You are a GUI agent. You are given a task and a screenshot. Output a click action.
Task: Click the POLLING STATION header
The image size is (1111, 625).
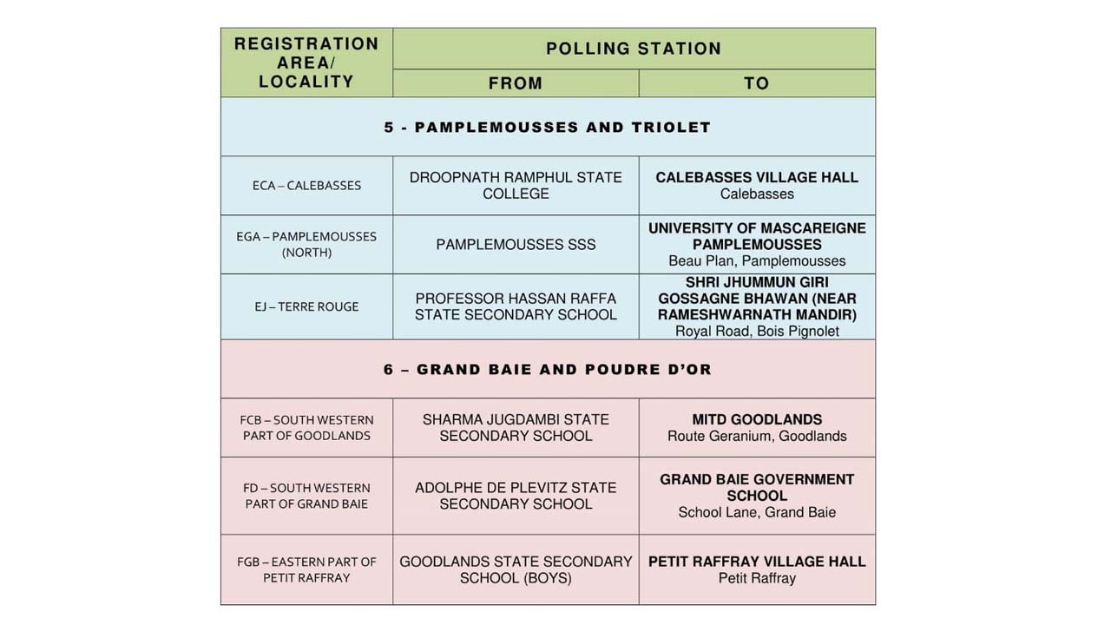[x=634, y=49]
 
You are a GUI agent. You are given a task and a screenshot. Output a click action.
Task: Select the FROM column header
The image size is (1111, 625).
[x=516, y=83]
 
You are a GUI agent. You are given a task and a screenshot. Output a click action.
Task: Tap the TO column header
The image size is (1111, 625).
[x=756, y=83]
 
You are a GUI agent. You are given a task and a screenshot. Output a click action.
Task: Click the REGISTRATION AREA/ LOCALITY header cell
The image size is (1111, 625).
[x=306, y=62]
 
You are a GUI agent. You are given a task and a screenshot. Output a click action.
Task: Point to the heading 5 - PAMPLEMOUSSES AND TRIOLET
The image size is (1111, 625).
[x=547, y=127]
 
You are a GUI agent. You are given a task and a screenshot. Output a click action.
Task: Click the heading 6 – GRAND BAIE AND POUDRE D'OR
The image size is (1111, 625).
[x=547, y=369]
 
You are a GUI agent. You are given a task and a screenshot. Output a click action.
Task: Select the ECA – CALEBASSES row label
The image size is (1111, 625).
[x=306, y=185]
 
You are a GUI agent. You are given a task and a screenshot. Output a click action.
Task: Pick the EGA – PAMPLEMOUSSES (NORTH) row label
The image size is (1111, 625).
[x=306, y=244]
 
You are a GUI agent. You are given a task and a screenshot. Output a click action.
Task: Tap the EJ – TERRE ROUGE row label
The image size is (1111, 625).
[x=306, y=306]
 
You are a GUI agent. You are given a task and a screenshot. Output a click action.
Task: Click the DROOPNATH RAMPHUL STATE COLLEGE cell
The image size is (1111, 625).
[x=516, y=185]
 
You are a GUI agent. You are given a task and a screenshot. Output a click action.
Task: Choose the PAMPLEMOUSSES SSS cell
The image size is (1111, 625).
[x=516, y=245]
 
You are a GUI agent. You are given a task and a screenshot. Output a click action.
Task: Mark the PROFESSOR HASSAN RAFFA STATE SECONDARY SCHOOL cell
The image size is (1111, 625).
[x=516, y=306]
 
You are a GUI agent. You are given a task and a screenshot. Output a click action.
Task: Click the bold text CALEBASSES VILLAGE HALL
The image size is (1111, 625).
[x=757, y=177]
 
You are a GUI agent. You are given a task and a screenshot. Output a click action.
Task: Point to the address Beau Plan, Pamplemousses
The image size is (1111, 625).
[x=757, y=260]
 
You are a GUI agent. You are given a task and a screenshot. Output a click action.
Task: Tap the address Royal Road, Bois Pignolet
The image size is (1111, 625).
[x=757, y=331]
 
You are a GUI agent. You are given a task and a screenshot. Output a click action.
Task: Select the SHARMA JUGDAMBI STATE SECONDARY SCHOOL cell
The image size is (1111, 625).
[x=516, y=427]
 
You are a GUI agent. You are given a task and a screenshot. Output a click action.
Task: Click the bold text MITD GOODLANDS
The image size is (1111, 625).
[x=757, y=419]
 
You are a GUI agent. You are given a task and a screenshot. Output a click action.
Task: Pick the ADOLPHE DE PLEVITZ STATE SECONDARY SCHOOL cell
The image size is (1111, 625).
[x=516, y=496]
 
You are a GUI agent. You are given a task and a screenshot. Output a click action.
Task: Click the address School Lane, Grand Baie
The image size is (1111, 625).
[x=757, y=512]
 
